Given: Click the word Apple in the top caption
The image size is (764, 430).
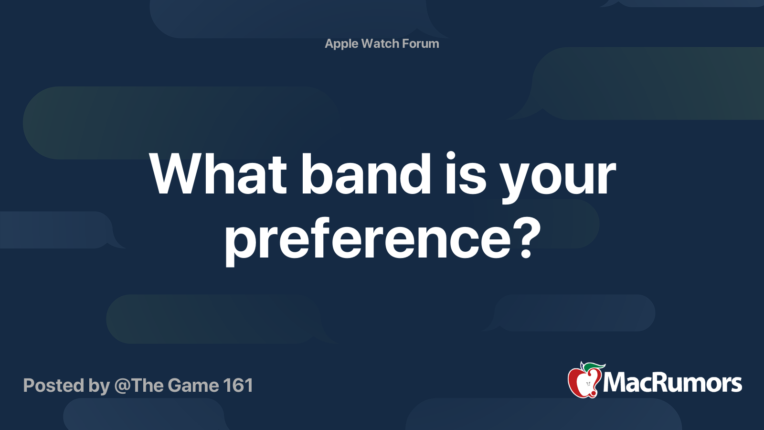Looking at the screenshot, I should coord(341,44).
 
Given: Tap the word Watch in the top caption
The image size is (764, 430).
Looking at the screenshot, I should coord(380,43).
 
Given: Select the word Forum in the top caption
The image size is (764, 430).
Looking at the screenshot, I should coord(420,43).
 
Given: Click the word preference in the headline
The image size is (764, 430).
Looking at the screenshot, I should coord(368,239).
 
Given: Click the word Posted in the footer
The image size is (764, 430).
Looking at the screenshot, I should coord(53,386).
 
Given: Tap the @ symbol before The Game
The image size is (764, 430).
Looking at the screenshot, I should coord(122,386).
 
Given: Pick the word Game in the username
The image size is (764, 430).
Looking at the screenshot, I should coord(193,386).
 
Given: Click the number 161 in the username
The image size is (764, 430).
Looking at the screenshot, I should coord(238,386).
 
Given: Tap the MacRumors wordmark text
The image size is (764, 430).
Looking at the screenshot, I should coord(672,383).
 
